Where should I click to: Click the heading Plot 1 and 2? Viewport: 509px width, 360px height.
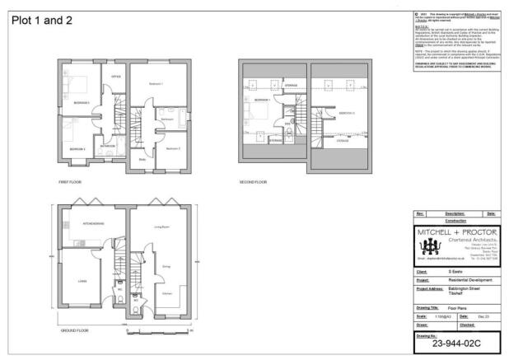pyautogui.click(x=41, y=20)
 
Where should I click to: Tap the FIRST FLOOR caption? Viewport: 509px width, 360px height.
pyautogui.click(x=70, y=180)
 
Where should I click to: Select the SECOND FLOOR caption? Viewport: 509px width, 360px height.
pyautogui.click(x=253, y=180)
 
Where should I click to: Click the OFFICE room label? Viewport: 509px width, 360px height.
pyautogui.click(x=116, y=77)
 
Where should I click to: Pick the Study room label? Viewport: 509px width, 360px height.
pyautogui.click(x=142, y=159)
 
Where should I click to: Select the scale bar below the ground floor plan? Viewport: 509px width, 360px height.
pyautogui.click(x=161, y=330)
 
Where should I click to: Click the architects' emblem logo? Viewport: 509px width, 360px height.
pyautogui.click(x=431, y=251)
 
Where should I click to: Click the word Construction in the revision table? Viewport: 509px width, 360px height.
pyautogui.click(x=456, y=220)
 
